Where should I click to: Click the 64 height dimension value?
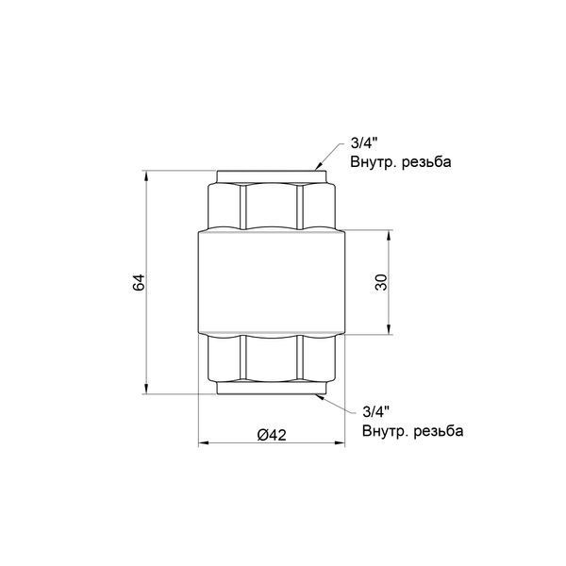tap(139, 282)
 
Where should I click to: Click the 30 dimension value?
tap(381, 282)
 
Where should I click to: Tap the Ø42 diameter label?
tap(272, 435)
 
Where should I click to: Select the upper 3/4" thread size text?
tap(363, 143)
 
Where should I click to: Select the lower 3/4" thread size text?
tap(375, 412)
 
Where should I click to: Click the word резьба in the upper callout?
tap(426, 161)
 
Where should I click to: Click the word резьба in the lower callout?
tap(439, 431)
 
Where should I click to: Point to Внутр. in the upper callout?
tap(373, 161)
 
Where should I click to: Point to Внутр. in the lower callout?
tap(385, 431)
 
